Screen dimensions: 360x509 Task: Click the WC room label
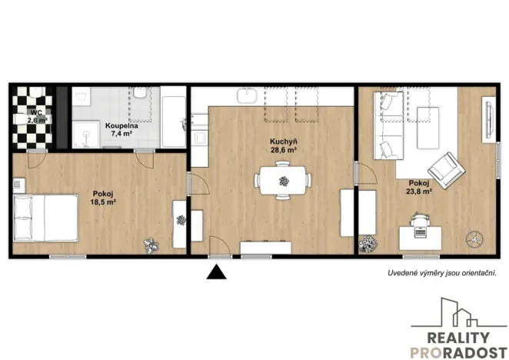[x=37, y=112]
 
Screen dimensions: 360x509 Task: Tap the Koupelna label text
[x=121, y=125]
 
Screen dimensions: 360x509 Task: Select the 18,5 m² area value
[x=104, y=202]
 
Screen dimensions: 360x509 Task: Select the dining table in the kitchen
[x=283, y=182]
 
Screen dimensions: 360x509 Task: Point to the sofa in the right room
[x=386, y=125]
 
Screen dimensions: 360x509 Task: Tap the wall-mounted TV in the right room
[x=486, y=124]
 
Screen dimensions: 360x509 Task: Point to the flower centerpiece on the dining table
[x=284, y=182]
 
